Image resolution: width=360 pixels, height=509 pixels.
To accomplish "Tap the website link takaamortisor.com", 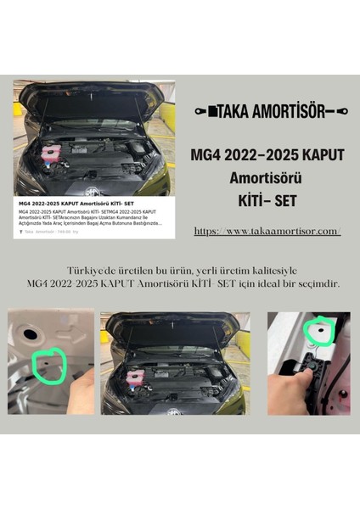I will point(267,231).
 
